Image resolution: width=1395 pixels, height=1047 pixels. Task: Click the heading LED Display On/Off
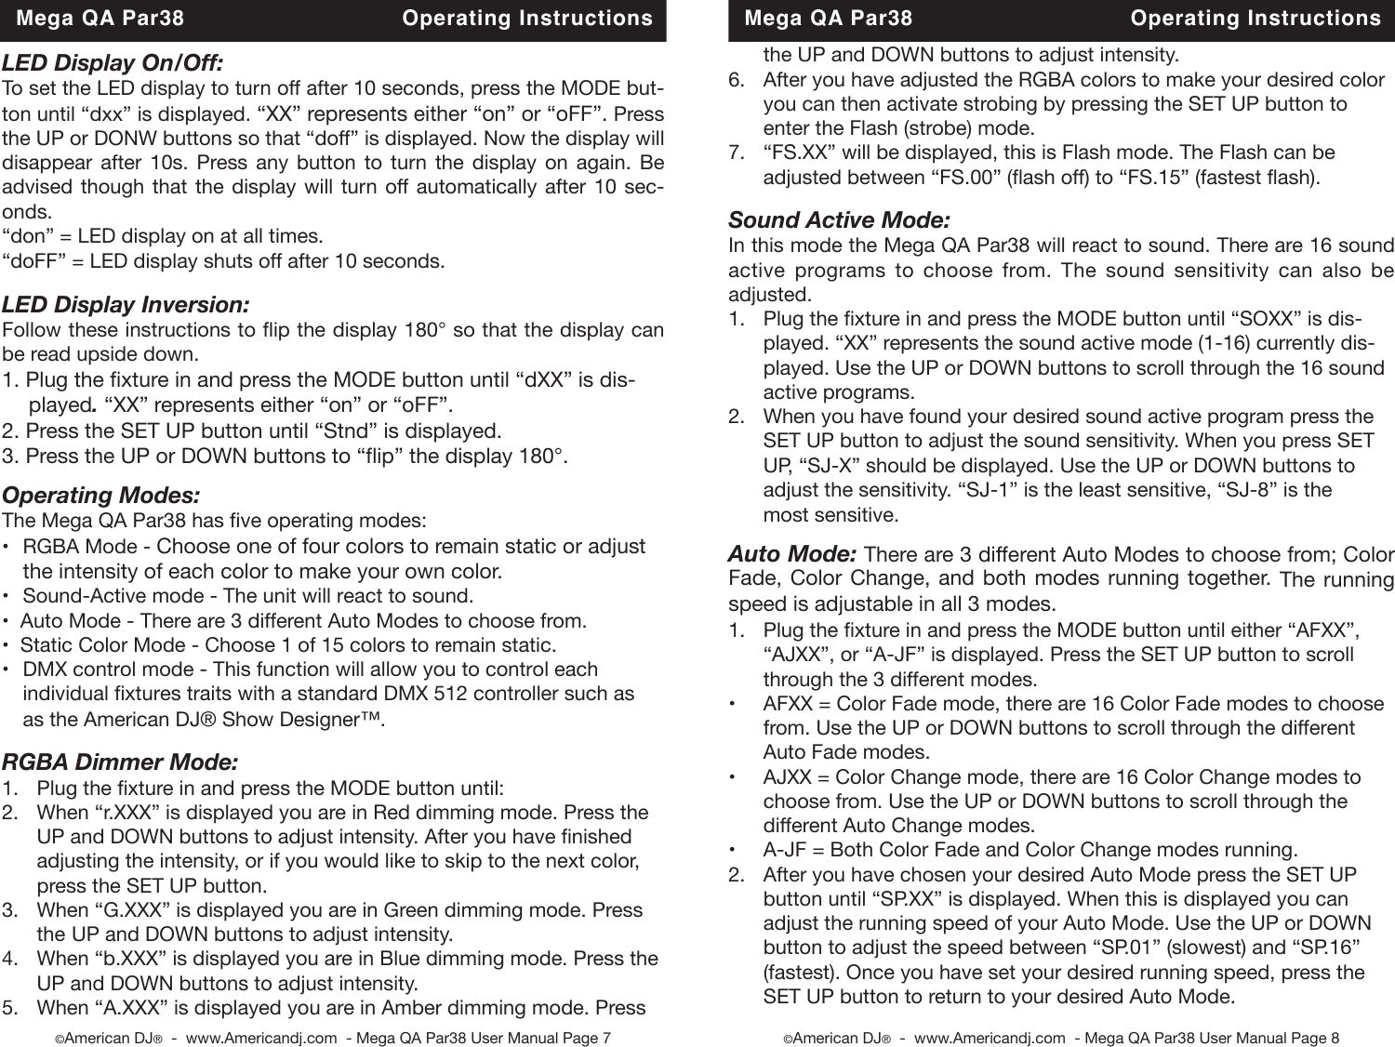coord(113,63)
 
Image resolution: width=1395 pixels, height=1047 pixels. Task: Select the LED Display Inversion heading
coord(126,305)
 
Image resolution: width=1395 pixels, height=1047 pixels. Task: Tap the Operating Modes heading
coord(100,496)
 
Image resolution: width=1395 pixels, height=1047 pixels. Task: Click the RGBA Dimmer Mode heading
coord(120,762)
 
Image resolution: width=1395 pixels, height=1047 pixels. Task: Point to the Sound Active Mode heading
coord(839,220)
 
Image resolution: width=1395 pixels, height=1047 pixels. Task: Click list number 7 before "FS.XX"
coord(736,152)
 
